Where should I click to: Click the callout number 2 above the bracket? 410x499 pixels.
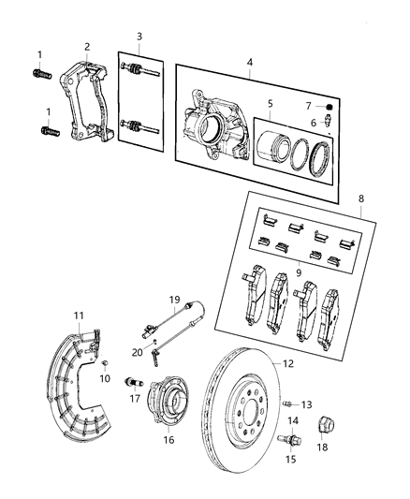click(86, 46)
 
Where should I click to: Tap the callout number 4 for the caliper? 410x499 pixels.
click(249, 64)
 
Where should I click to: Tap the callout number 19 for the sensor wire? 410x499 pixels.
click(174, 300)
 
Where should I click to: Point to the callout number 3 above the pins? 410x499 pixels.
click(139, 37)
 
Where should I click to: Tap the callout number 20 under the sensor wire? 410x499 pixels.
click(136, 353)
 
